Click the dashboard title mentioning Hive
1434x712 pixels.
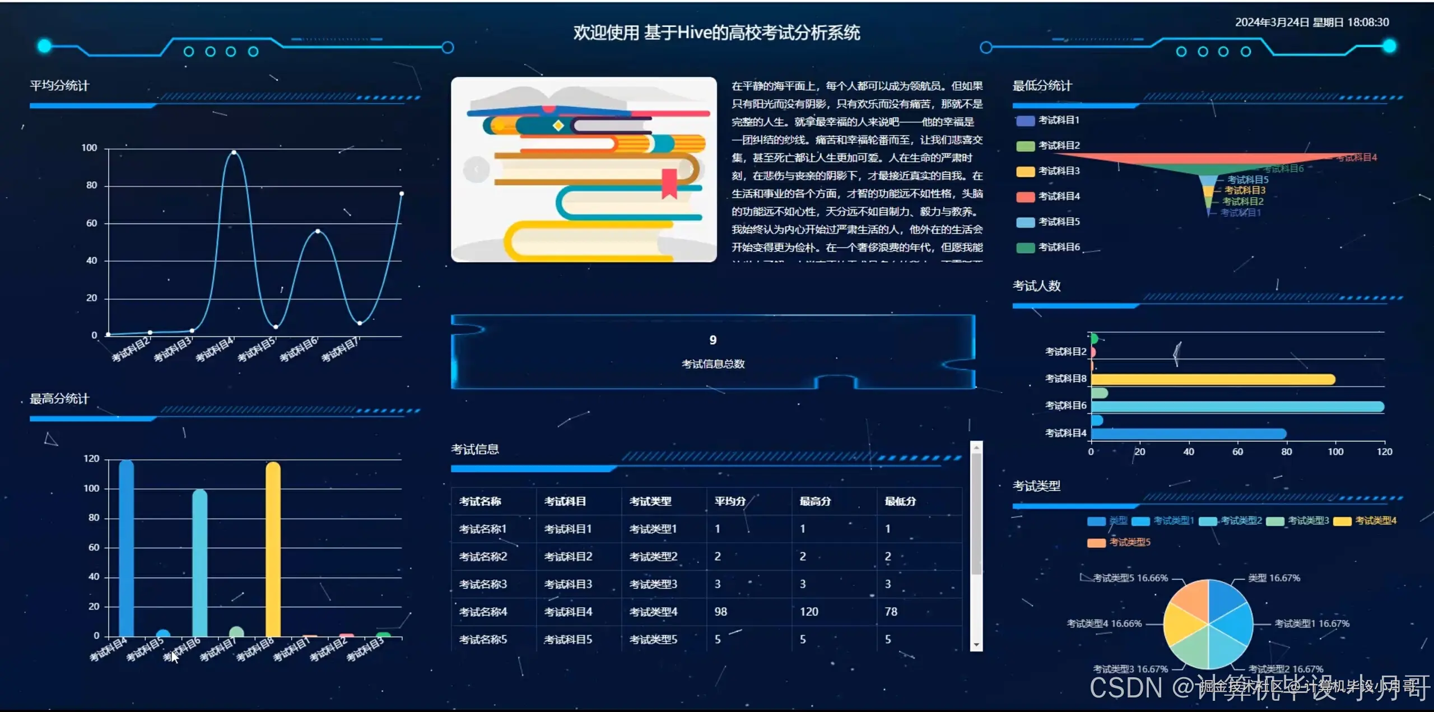(x=716, y=32)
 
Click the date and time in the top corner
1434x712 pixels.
(x=1312, y=22)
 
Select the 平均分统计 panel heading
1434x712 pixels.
(x=59, y=86)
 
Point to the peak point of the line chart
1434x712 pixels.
(x=234, y=152)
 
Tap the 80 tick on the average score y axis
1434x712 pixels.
(x=91, y=185)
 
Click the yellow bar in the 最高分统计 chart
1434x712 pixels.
(x=273, y=549)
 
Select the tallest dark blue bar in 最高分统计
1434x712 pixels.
(x=127, y=549)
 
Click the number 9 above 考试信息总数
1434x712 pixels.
(x=713, y=340)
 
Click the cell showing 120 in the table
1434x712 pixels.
(x=809, y=612)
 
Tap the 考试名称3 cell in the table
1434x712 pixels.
(x=483, y=584)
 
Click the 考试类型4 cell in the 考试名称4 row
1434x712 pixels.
(x=653, y=612)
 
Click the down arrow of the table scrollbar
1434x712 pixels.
(x=976, y=645)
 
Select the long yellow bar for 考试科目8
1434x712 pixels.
(x=1213, y=380)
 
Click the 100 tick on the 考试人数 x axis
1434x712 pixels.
(x=1335, y=452)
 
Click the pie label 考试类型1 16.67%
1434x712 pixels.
(x=1311, y=623)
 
